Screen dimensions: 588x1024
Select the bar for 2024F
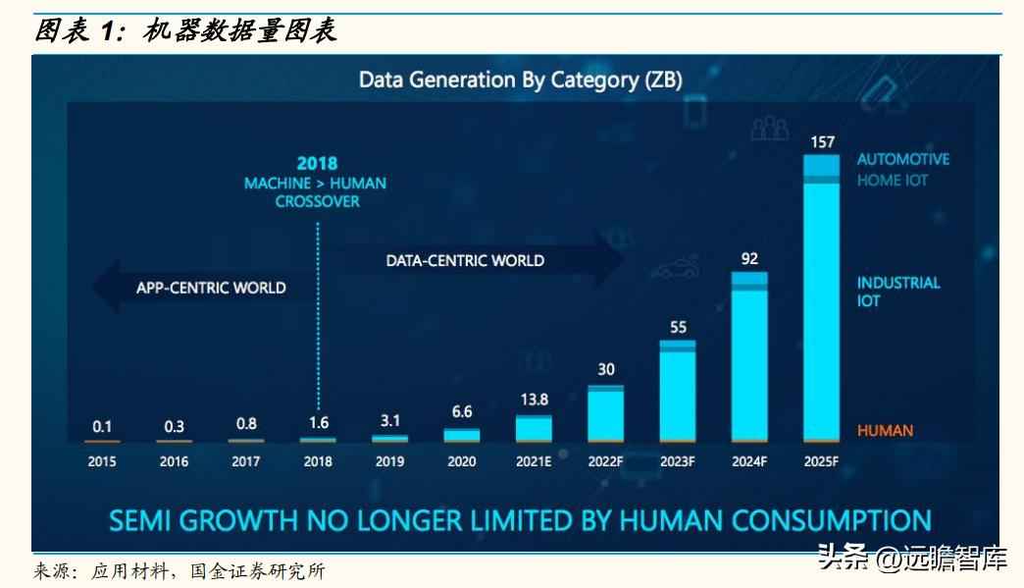coord(749,357)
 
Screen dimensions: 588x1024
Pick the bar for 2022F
coord(605,413)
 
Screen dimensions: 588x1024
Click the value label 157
coord(822,142)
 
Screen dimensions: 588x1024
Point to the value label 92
coord(749,259)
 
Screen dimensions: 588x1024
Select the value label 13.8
coord(534,400)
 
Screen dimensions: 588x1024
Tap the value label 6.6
coord(461,412)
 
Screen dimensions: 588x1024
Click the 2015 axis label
coord(102,460)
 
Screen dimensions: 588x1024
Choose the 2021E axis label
coord(534,460)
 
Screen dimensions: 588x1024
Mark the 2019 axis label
coord(389,460)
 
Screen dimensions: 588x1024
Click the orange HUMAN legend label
coord(885,430)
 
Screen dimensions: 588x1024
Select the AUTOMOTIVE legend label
coord(902,159)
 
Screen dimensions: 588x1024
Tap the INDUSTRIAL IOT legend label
coord(897,292)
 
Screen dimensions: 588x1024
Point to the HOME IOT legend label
coord(892,181)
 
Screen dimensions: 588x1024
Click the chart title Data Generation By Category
coord(520,80)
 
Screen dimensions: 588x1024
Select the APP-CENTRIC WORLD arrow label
coord(211,288)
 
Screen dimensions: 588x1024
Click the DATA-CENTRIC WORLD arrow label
coord(465,260)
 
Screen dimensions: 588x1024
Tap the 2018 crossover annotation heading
coord(317,163)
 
